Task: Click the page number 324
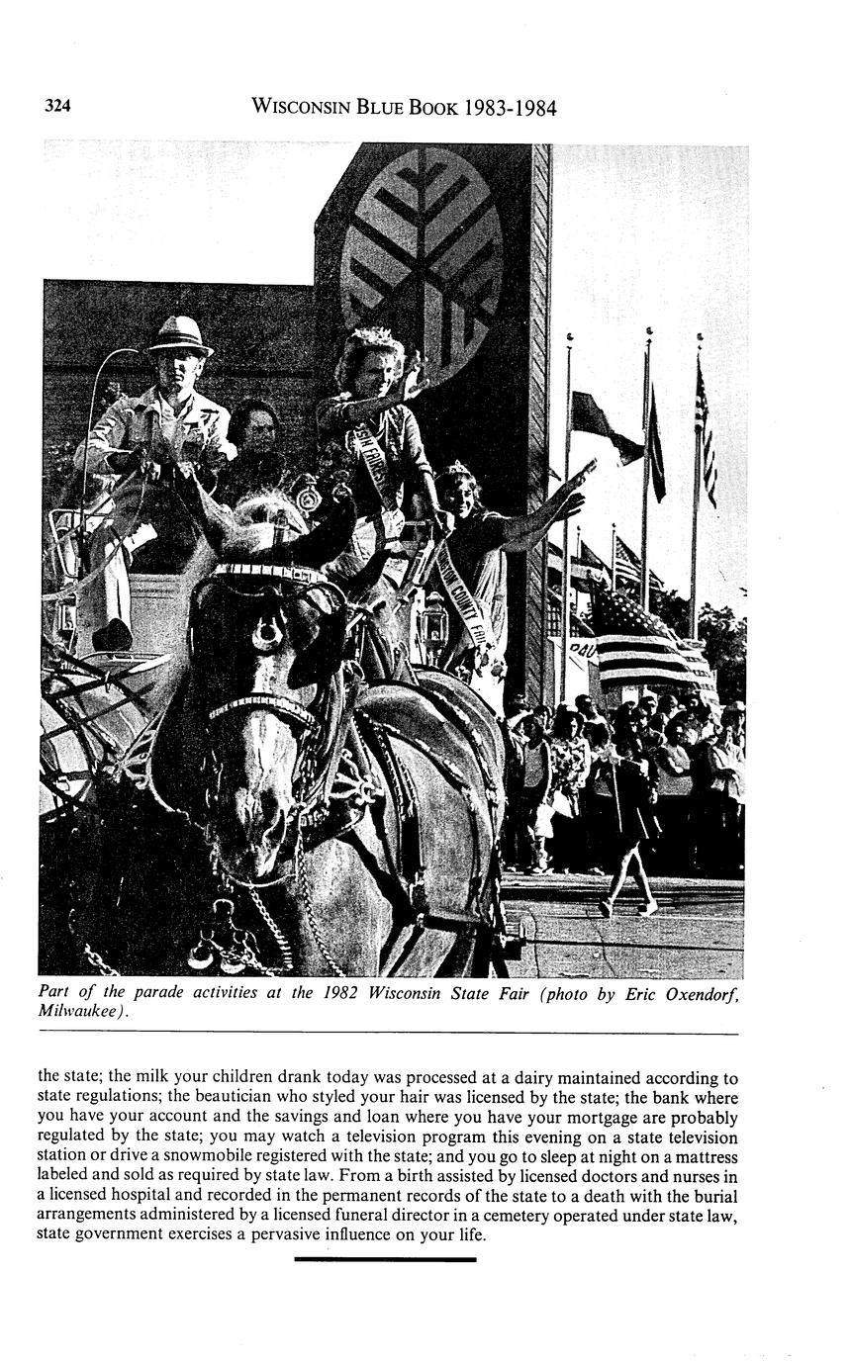(57, 107)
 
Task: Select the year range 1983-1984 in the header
(510, 107)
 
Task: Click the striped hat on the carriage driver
(180, 336)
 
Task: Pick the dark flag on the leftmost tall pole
(604, 425)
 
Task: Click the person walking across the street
(627, 841)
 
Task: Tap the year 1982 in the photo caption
(341, 992)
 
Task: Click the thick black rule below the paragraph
(385, 1259)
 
